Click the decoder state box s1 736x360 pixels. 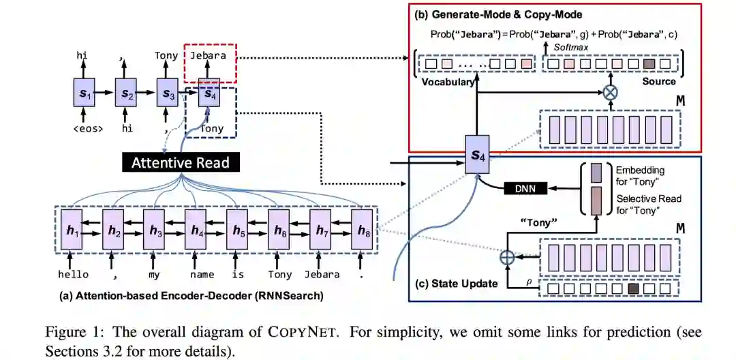tap(84, 93)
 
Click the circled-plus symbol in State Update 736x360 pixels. tap(507, 258)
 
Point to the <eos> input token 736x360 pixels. tap(83, 127)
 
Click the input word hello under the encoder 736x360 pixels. tap(73, 274)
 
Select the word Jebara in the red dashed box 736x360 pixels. tap(209, 55)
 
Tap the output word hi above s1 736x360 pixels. tap(83, 55)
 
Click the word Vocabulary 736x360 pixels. tap(447, 82)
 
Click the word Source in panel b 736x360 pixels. tap(659, 82)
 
